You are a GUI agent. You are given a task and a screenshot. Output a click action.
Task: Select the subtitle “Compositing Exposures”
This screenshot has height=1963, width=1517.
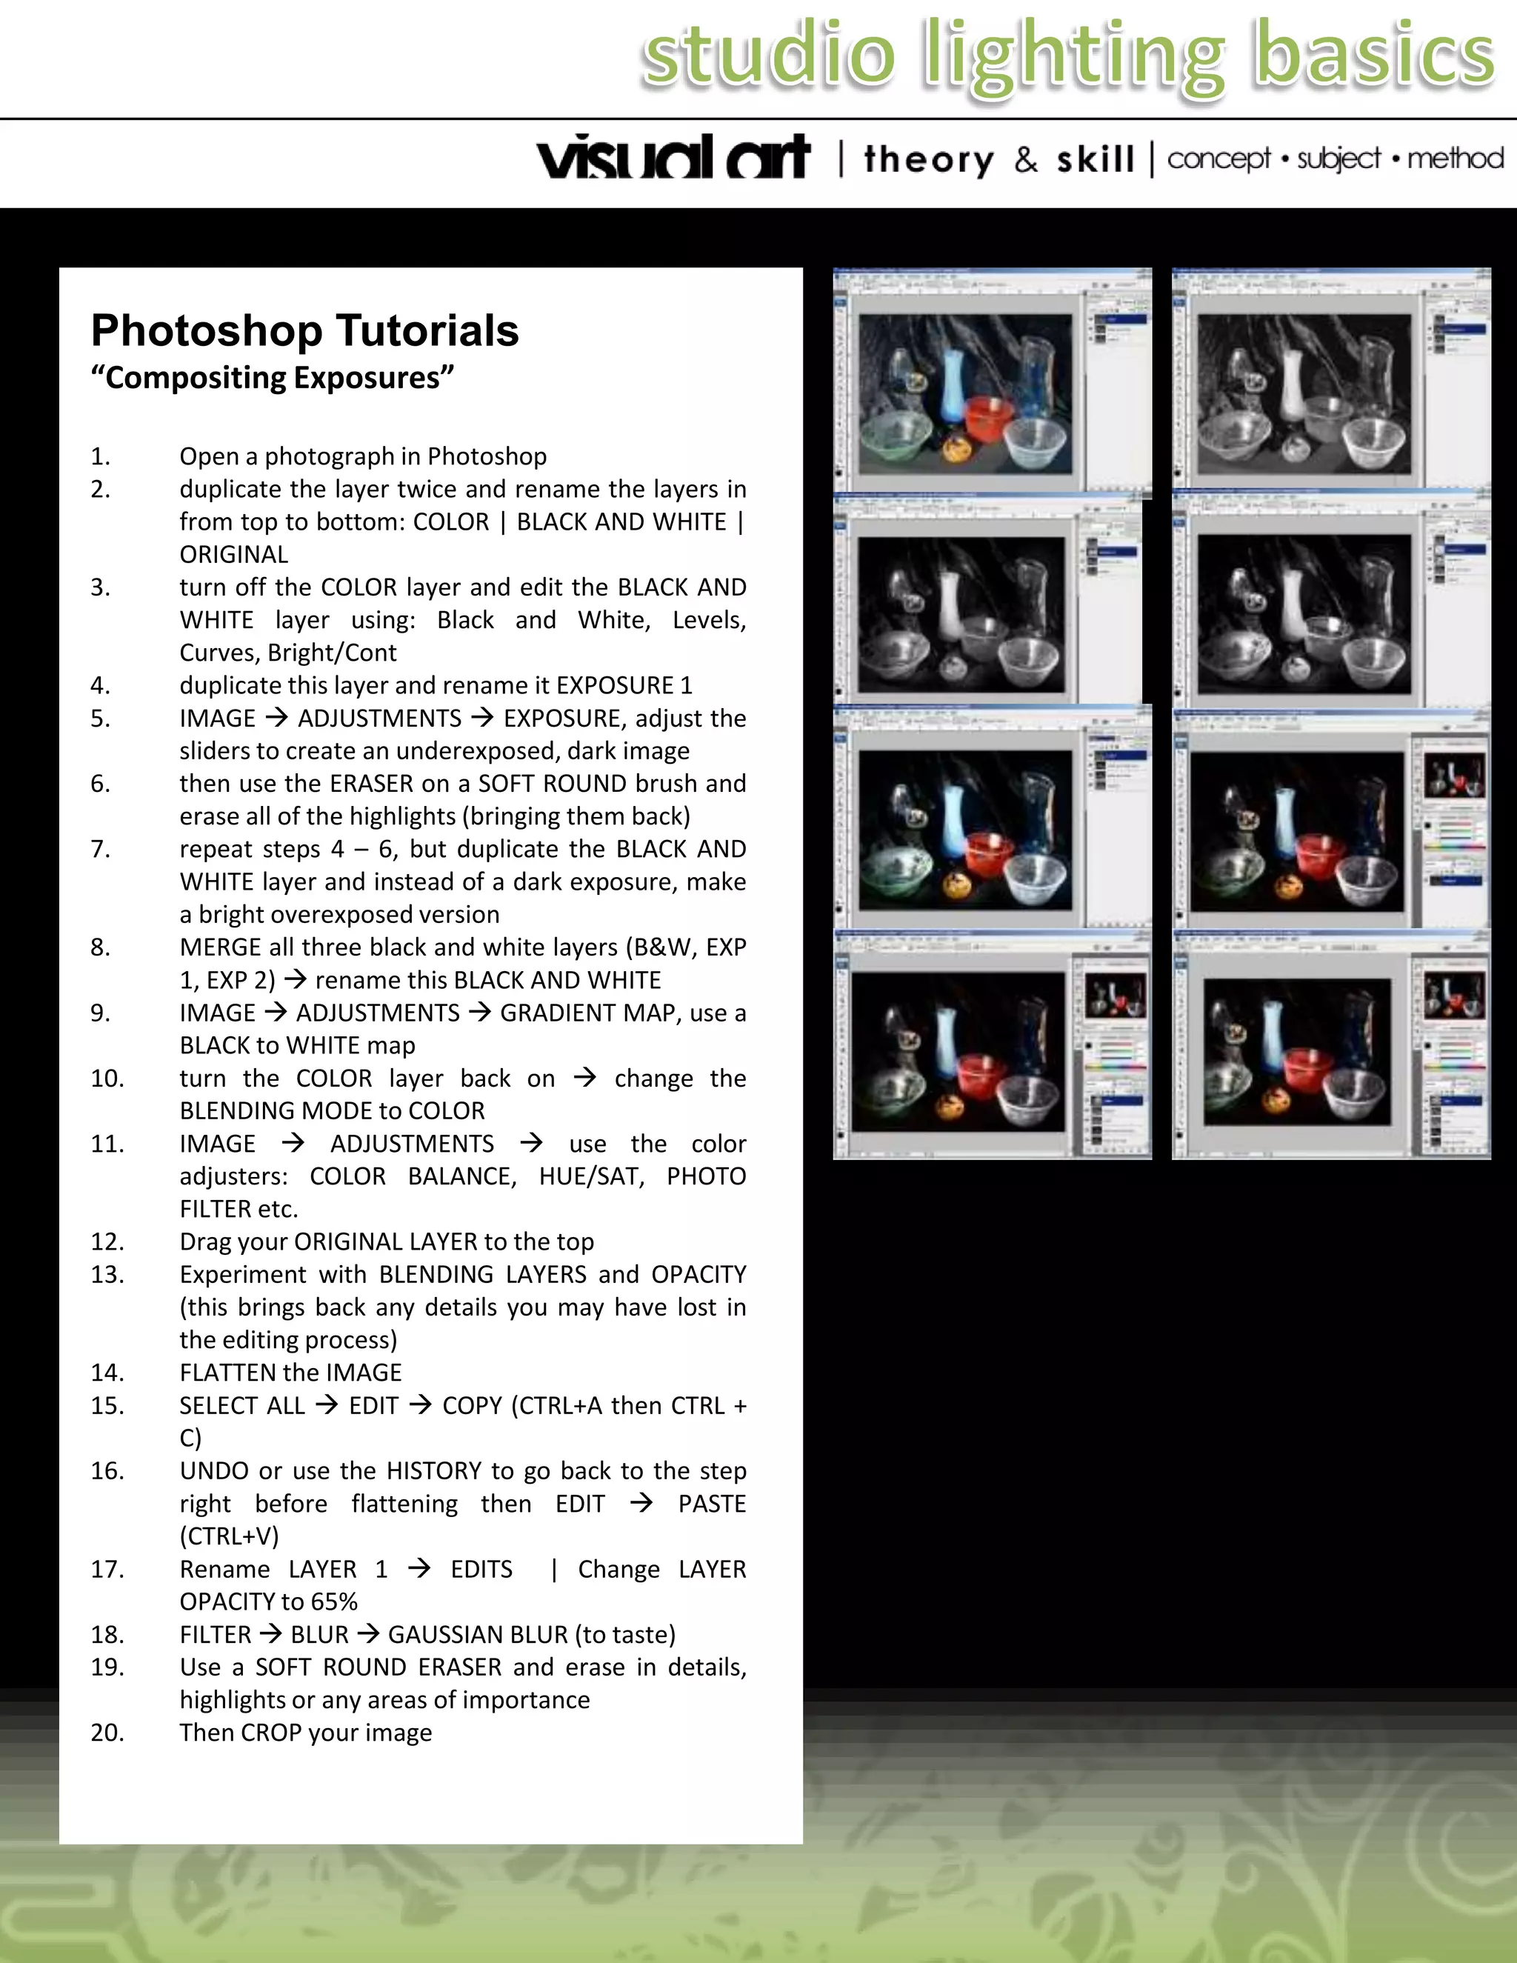click(273, 378)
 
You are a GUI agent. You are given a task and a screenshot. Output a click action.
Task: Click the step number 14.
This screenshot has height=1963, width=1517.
click(107, 1373)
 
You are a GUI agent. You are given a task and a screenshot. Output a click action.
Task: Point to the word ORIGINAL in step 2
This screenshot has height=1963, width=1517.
click(233, 555)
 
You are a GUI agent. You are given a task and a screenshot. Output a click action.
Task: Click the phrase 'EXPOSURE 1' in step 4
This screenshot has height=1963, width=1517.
click(624, 686)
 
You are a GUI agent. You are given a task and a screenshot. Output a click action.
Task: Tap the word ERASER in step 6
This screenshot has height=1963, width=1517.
click(370, 784)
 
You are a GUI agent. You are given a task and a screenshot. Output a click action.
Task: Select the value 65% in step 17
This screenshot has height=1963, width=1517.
click(334, 1602)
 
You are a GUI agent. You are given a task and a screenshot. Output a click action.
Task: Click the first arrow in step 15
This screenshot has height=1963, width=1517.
click(327, 1404)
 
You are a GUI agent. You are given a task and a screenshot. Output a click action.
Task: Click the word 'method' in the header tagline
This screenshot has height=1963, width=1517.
click(1455, 159)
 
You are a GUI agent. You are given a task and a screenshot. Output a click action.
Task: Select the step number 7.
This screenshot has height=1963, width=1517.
click(100, 850)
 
